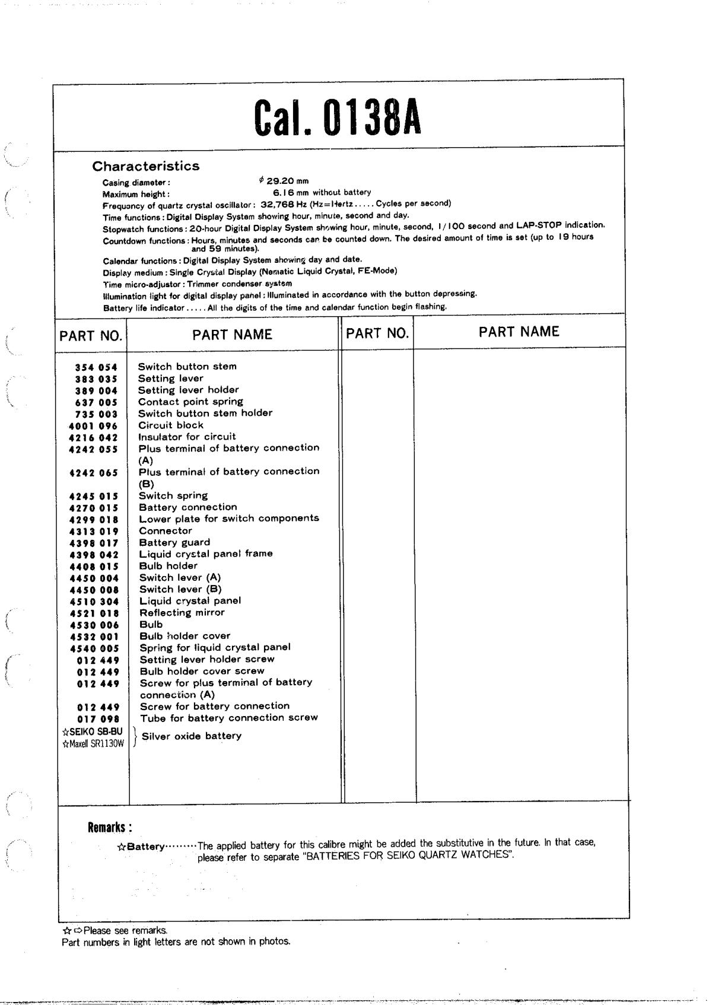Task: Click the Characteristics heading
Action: pyautogui.click(x=146, y=166)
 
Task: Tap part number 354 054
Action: pyautogui.click(x=96, y=367)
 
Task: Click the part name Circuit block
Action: pyautogui.click(x=171, y=425)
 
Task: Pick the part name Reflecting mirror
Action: pyautogui.click(x=182, y=613)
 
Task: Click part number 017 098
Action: pyautogui.click(x=98, y=719)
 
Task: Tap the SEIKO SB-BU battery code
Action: pyautogui.click(x=92, y=732)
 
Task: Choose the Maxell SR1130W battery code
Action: pyautogui.click(x=93, y=743)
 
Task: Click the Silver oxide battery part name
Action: pyautogui.click(x=192, y=736)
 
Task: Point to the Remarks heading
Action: pyautogui.click(x=109, y=828)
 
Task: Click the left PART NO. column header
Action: pyautogui.click(x=91, y=336)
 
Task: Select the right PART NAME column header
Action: pyautogui.click(x=519, y=332)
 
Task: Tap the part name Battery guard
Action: pyautogui.click(x=174, y=542)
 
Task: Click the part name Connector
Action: pyautogui.click(x=166, y=531)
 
